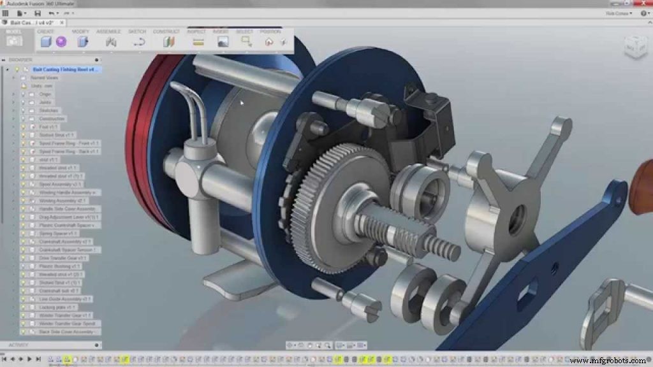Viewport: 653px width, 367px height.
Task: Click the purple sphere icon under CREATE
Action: [x=61, y=41]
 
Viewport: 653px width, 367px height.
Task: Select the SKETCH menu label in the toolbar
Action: [x=137, y=31]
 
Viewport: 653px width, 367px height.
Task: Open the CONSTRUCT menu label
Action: [x=166, y=31]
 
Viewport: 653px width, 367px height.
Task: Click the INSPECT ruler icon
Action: [x=198, y=42]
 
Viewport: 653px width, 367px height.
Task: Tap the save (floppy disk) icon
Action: [x=36, y=13]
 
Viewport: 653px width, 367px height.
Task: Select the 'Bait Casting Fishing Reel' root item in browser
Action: [x=67, y=69]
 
